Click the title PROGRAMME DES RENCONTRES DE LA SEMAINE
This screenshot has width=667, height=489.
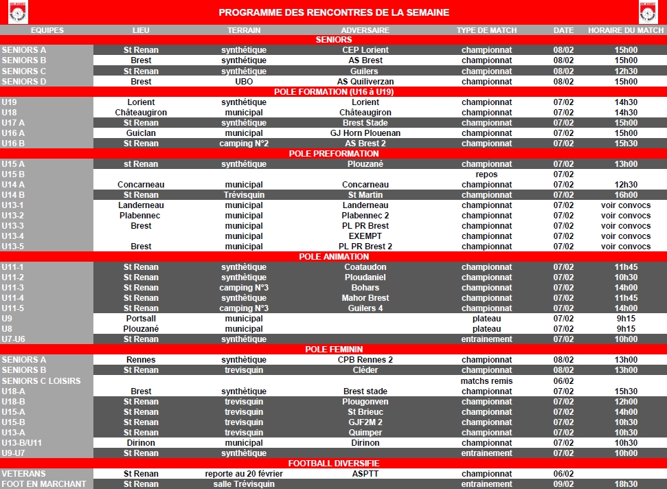(x=334, y=12)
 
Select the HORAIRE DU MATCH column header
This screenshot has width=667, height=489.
(x=626, y=30)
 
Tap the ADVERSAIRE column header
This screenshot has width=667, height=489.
(x=365, y=30)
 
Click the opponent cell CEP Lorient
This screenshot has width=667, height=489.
(x=365, y=50)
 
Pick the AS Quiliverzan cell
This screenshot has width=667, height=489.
(x=365, y=81)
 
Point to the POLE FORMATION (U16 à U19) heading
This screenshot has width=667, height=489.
(x=334, y=91)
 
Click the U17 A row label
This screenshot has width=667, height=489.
(x=13, y=122)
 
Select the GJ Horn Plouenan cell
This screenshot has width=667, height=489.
(x=365, y=133)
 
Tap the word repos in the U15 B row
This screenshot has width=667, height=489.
(x=486, y=174)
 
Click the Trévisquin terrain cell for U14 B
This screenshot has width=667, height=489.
(x=244, y=195)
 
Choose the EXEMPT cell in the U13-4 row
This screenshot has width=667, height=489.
(x=365, y=236)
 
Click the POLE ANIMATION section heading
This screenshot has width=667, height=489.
(x=334, y=257)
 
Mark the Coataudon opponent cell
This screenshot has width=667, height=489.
(x=365, y=267)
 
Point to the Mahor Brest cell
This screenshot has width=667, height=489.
(x=365, y=298)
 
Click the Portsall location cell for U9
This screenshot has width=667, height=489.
(x=141, y=319)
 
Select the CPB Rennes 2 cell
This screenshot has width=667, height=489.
(x=365, y=360)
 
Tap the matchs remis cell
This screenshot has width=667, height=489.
(x=486, y=381)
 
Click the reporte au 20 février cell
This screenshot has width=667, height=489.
(x=244, y=474)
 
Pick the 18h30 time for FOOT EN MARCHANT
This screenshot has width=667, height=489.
(x=626, y=484)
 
